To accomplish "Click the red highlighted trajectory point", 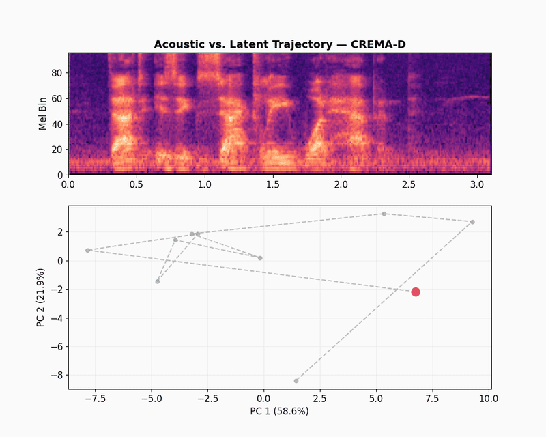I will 416,292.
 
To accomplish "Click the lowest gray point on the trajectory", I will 296,380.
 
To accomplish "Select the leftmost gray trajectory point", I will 87,250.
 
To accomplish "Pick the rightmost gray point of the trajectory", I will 472,222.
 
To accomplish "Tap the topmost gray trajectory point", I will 384,214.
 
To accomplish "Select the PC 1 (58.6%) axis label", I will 279,412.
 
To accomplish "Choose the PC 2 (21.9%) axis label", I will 41,298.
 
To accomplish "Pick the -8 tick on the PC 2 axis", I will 57,375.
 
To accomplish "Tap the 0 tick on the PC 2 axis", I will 60,261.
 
